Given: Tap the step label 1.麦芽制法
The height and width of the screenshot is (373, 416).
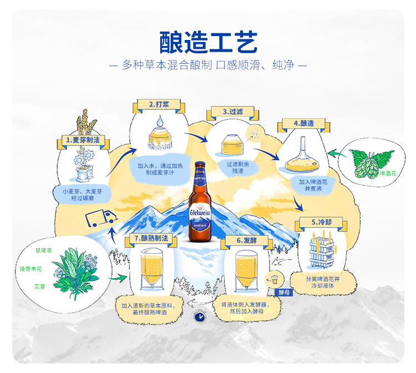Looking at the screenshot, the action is click(83, 140).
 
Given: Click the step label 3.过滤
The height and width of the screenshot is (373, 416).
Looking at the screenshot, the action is click(232, 112).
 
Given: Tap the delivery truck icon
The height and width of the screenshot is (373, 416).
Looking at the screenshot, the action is click(99, 219).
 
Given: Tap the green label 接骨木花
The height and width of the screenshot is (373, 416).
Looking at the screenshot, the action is click(32, 269).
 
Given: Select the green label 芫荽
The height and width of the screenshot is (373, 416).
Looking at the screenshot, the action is click(39, 287).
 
